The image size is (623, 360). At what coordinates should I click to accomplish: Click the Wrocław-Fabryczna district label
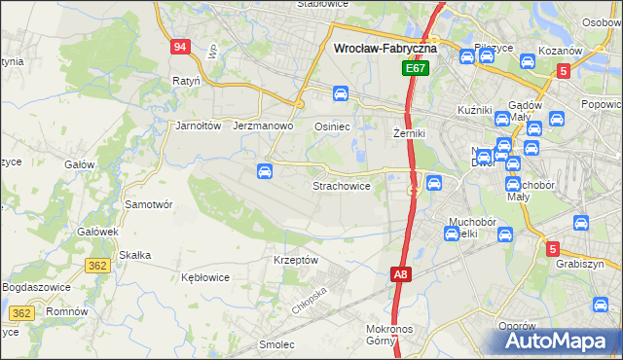click(x=385, y=47)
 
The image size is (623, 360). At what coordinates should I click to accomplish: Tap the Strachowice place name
click(x=341, y=186)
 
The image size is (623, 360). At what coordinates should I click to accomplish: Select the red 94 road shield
click(x=179, y=47)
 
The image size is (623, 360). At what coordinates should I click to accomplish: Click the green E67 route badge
click(x=416, y=69)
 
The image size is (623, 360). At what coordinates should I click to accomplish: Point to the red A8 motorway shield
click(x=401, y=275)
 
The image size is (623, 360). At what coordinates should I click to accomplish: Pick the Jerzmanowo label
click(x=264, y=126)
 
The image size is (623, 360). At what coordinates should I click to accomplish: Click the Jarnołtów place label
click(x=200, y=126)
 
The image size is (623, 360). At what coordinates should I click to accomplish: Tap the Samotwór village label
click(x=149, y=205)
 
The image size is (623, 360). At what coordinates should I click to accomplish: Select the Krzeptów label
click(x=296, y=261)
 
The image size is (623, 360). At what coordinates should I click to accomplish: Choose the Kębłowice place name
click(x=205, y=277)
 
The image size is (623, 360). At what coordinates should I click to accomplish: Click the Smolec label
click(x=277, y=344)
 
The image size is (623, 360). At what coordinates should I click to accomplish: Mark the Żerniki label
click(x=410, y=132)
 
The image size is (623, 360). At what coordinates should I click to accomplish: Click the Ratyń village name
click(x=185, y=81)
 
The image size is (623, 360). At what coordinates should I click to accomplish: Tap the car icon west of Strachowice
click(x=264, y=172)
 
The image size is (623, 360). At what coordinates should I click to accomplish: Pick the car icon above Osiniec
click(x=341, y=94)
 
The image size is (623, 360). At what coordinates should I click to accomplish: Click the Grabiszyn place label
click(x=580, y=264)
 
